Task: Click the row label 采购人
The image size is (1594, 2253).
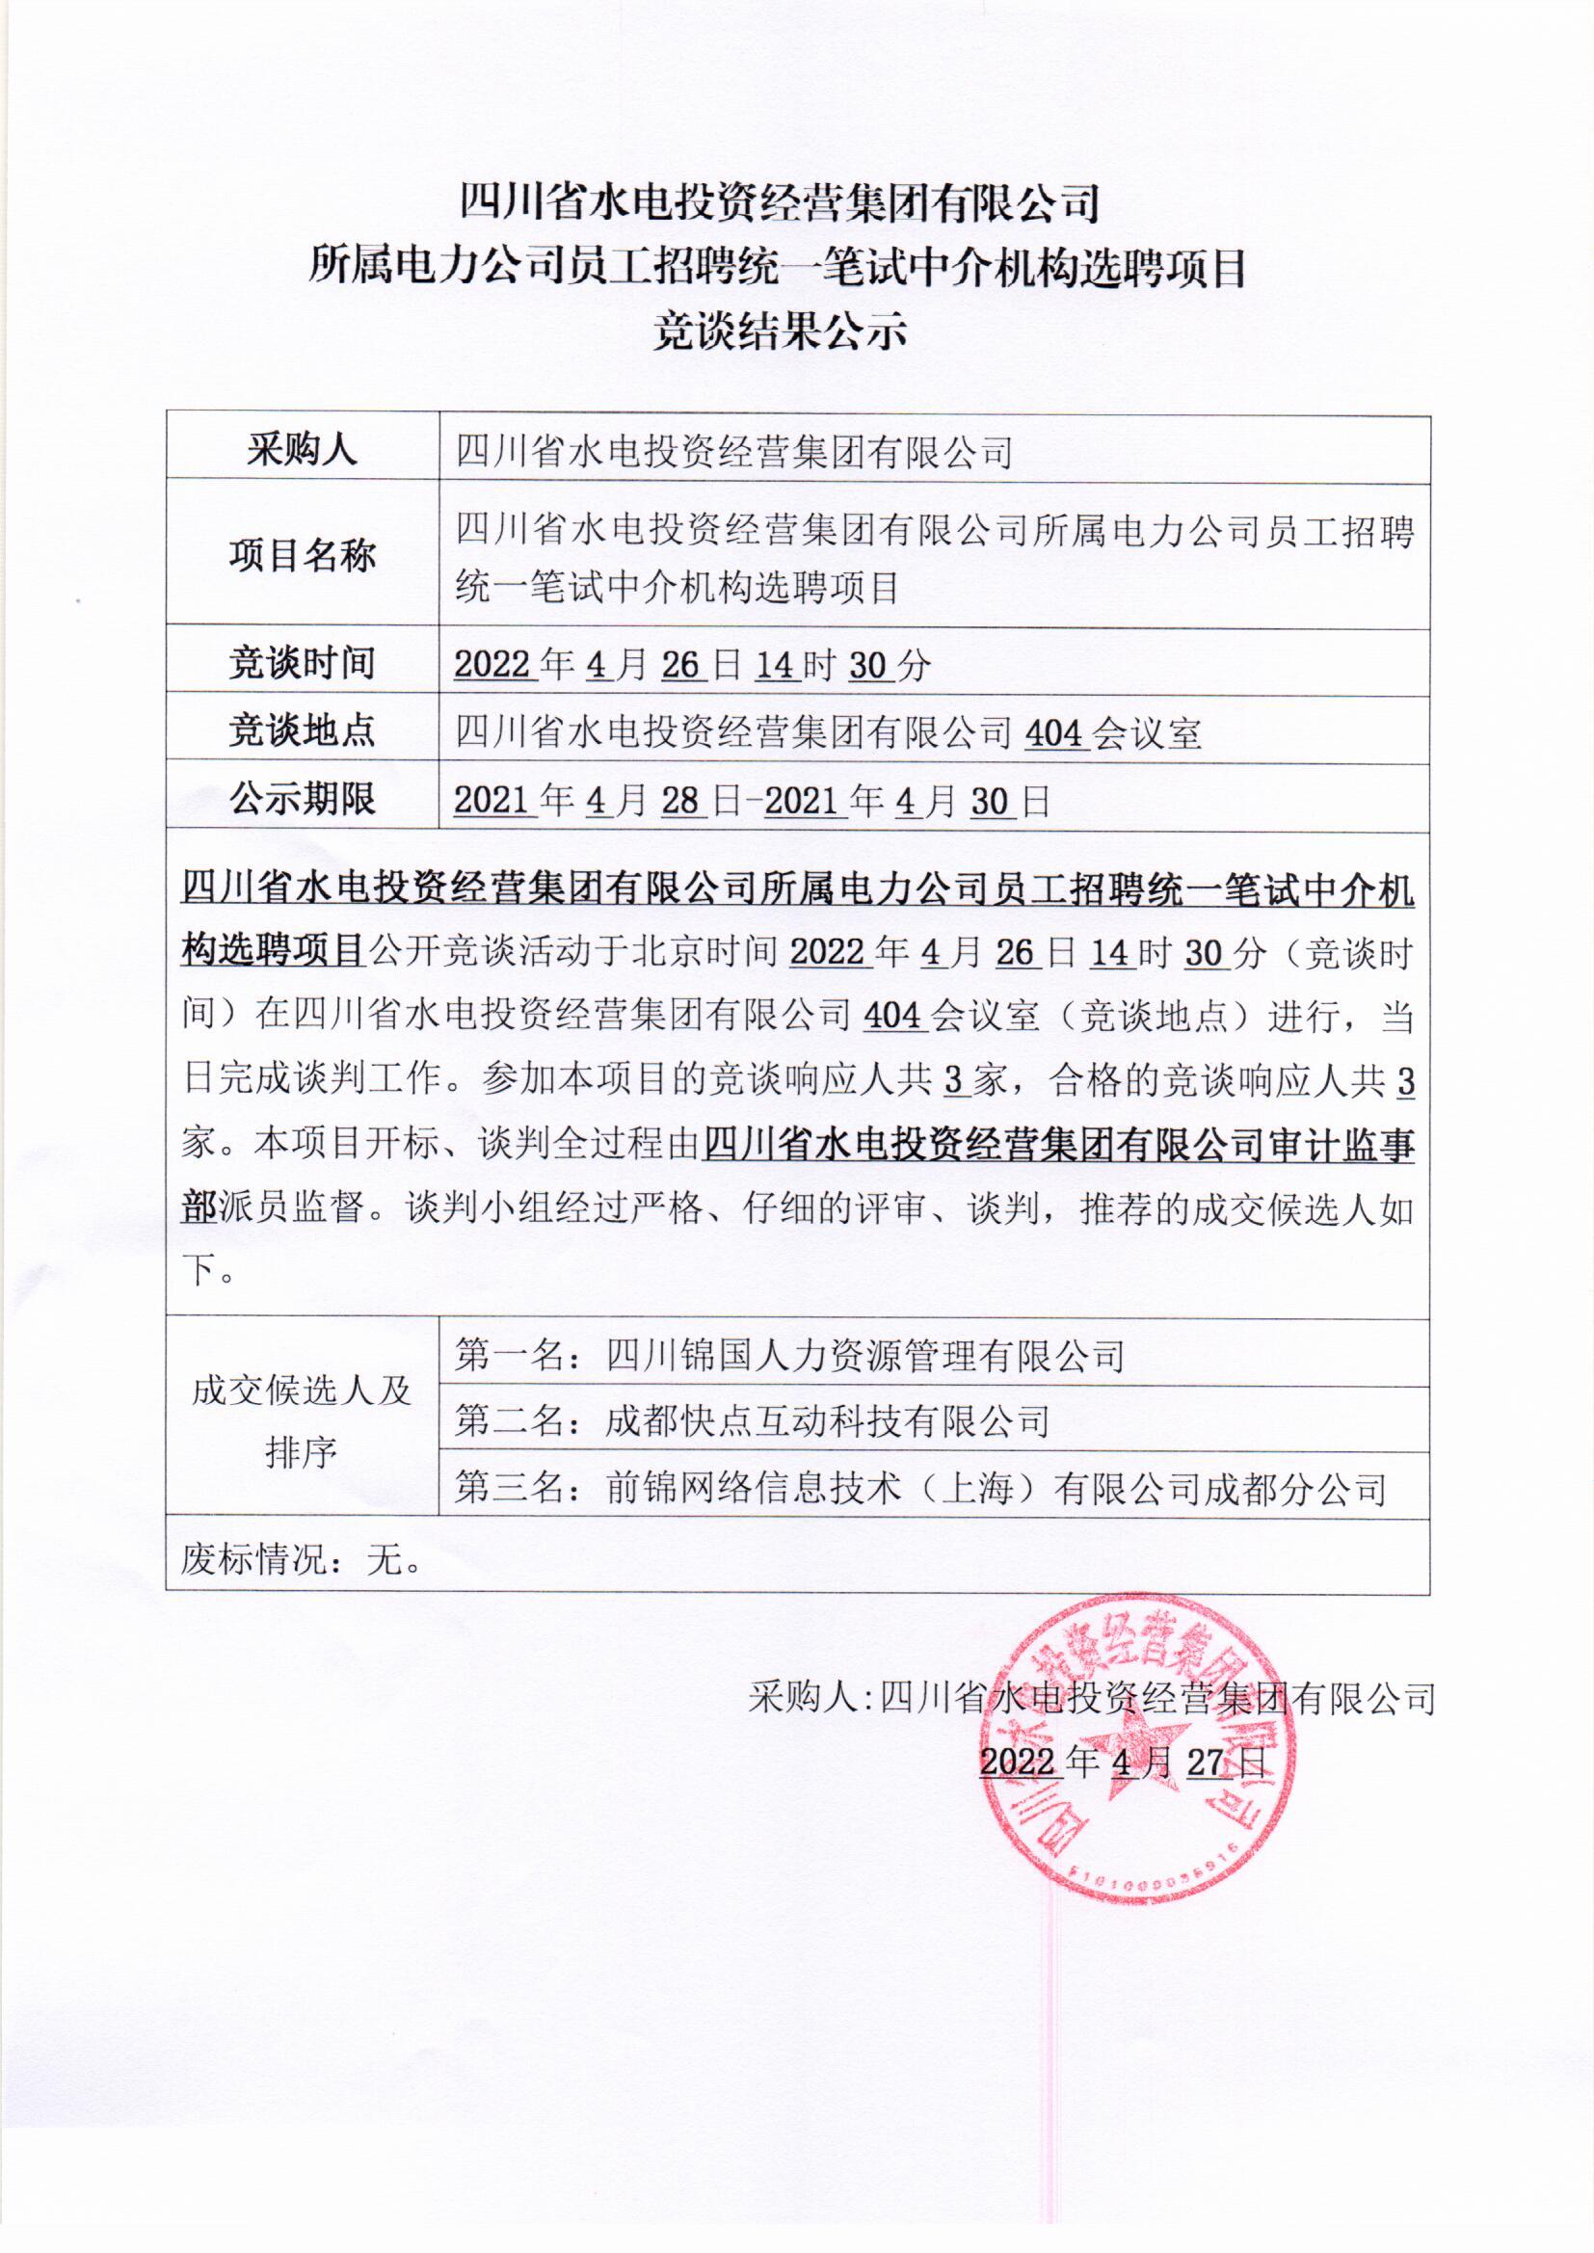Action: pyautogui.click(x=302, y=449)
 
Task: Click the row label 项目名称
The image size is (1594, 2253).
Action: pyautogui.click(x=302, y=556)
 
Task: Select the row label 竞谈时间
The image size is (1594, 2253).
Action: pyautogui.click(x=302, y=663)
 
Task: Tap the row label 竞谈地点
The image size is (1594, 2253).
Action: pyautogui.click(x=302, y=731)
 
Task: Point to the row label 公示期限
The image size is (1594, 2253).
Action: pyautogui.click(x=302, y=799)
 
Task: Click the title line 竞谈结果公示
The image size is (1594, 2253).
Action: pyautogui.click(x=781, y=331)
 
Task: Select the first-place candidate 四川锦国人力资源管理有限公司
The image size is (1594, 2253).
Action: pyautogui.click(x=864, y=1356)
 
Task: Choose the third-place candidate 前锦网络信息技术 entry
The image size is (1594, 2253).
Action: pyautogui.click(x=996, y=1489)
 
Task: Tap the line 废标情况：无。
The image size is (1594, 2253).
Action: pyautogui.click(x=302, y=1559)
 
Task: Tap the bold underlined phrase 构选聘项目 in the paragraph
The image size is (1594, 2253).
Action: pyautogui.click(x=272, y=950)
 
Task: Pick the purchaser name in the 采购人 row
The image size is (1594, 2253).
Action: pyautogui.click(x=733, y=452)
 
